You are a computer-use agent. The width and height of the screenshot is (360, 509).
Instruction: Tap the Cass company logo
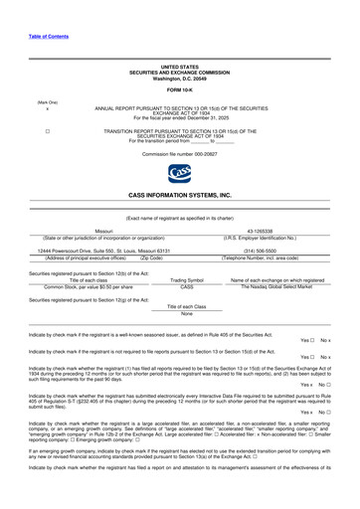pyautogui.click(x=179, y=175)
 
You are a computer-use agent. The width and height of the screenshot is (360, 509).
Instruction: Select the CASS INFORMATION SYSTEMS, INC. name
pyautogui.click(x=179, y=196)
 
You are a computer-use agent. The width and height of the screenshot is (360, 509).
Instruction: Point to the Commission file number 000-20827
pyautogui.click(x=179, y=155)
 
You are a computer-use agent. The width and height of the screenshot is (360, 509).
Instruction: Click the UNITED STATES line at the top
pyautogui.click(x=179, y=66)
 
